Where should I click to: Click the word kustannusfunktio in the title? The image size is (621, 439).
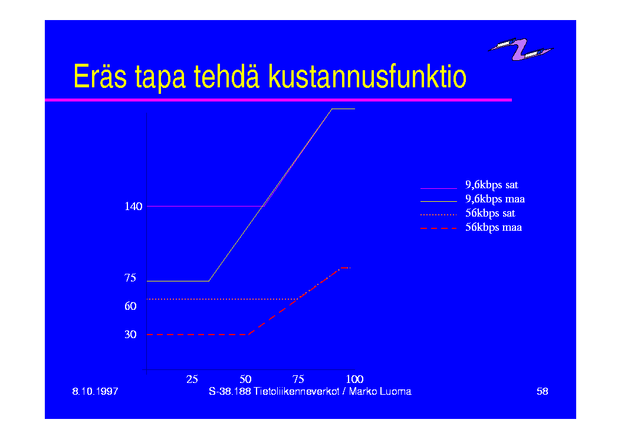pyautogui.click(x=367, y=76)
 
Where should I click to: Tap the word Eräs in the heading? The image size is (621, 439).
pyautogui.click(x=100, y=76)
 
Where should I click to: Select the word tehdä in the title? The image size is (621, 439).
pyautogui.click(x=226, y=76)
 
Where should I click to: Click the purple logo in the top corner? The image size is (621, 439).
pyautogui.click(x=520, y=49)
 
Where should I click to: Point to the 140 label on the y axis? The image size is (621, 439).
pyautogui.click(x=133, y=207)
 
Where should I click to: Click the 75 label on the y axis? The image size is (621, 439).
pyautogui.click(x=130, y=278)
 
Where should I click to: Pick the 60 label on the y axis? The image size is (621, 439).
pyautogui.click(x=130, y=306)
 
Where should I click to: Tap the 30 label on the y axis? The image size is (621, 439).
pyautogui.click(x=130, y=335)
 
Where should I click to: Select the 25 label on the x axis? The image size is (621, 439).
pyautogui.click(x=192, y=379)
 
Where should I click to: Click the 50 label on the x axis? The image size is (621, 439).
pyautogui.click(x=245, y=379)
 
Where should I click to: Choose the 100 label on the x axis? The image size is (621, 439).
pyautogui.click(x=355, y=379)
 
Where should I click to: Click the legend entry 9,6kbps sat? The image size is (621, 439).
pyautogui.click(x=491, y=185)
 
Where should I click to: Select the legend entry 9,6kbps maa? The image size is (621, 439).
pyautogui.click(x=495, y=199)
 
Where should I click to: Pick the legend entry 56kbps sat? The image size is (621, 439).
pyautogui.click(x=490, y=213)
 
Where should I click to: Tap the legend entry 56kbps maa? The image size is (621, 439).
pyautogui.click(x=494, y=227)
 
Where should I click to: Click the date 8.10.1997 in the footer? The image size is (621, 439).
pyautogui.click(x=95, y=391)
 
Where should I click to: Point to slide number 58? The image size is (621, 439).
pyautogui.click(x=542, y=391)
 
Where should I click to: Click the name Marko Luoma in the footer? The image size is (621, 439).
pyautogui.click(x=380, y=391)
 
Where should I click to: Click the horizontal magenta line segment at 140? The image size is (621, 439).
pyautogui.click(x=205, y=206)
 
